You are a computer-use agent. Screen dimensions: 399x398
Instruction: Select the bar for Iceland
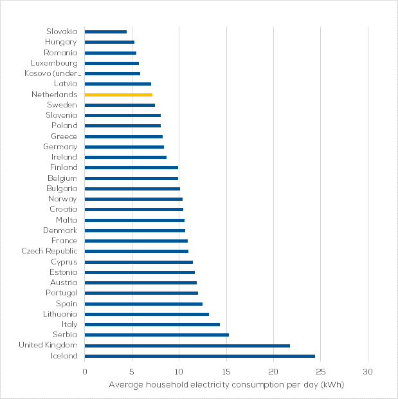pos(199,356)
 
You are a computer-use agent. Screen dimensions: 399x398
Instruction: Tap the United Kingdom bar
pos(187,346)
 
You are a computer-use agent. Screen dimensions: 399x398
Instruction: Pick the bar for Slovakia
pos(105,32)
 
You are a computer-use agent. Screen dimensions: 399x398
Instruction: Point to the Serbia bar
pos(156,335)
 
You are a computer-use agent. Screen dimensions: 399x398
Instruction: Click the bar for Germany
pos(124,147)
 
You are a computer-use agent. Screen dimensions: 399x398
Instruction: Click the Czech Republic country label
pos(49,251)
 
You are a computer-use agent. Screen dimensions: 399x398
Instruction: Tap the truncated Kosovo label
pos(54,73)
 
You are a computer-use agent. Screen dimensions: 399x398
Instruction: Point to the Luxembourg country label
pos(54,63)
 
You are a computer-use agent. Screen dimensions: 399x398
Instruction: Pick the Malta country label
pos(66,220)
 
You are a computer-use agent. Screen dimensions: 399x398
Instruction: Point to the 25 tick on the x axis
pos(321,371)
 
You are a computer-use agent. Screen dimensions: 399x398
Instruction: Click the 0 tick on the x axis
pos(85,371)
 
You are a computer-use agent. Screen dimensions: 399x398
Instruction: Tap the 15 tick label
pos(226,371)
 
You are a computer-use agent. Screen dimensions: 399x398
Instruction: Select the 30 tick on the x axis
pos(368,371)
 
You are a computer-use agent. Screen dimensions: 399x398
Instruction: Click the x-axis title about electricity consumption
pos(226,385)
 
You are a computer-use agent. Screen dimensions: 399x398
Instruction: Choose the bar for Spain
pos(143,304)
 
